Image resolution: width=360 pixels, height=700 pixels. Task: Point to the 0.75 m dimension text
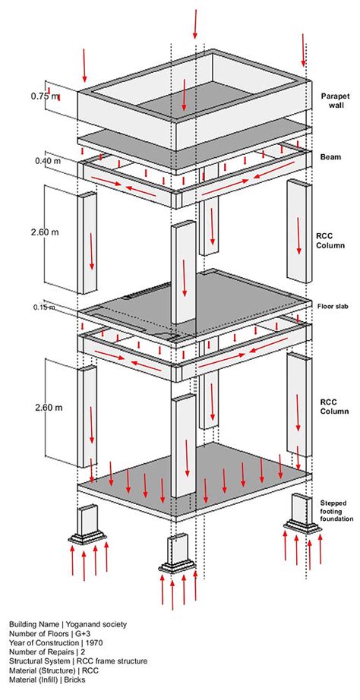coord(43,96)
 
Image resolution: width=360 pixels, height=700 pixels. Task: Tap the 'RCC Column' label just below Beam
coord(332,240)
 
